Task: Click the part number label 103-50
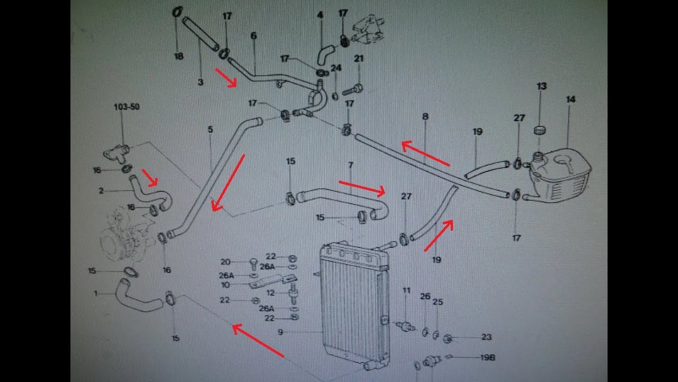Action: [127, 107]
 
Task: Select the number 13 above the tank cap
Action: [541, 86]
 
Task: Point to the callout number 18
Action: [179, 56]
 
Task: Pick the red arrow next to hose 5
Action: [228, 183]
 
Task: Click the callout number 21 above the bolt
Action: [359, 58]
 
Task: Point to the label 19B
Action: [487, 358]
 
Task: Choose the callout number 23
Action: [487, 337]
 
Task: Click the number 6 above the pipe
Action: [254, 36]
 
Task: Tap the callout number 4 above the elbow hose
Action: [320, 15]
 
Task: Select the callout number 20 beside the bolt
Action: [226, 262]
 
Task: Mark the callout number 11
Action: [406, 290]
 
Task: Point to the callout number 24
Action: [336, 68]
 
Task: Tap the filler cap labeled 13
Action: [541, 130]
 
